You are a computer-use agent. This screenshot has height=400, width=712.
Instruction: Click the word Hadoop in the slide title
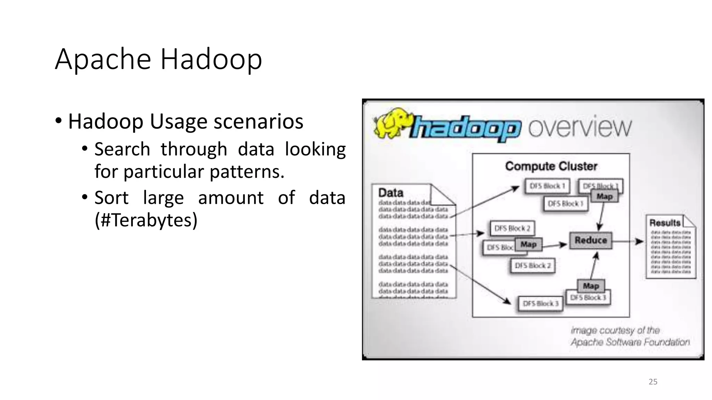coord(211,59)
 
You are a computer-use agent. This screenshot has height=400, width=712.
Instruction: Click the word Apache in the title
coord(103,59)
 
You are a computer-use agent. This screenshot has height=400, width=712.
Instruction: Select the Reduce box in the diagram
coord(590,240)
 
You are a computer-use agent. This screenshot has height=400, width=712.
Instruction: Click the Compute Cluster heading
coord(551,166)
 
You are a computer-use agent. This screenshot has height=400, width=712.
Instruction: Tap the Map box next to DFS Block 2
coord(528,244)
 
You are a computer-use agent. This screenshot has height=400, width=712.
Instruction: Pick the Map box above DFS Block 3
coord(591,286)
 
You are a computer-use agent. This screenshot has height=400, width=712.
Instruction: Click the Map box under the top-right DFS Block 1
coord(604,197)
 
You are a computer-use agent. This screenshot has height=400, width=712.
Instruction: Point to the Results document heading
coord(664,223)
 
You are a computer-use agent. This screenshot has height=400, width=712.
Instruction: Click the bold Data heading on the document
coord(390,193)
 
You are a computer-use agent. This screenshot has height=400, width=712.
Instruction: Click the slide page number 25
coord(653,382)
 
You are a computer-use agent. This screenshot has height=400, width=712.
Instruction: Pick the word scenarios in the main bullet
coord(258,122)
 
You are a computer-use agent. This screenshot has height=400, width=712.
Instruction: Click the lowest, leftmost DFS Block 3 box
coord(540,303)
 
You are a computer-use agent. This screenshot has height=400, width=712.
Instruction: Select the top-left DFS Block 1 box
coord(547,186)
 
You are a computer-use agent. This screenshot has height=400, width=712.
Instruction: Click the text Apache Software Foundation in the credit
coord(630,342)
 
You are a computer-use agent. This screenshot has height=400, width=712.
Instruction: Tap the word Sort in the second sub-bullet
coord(111,198)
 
